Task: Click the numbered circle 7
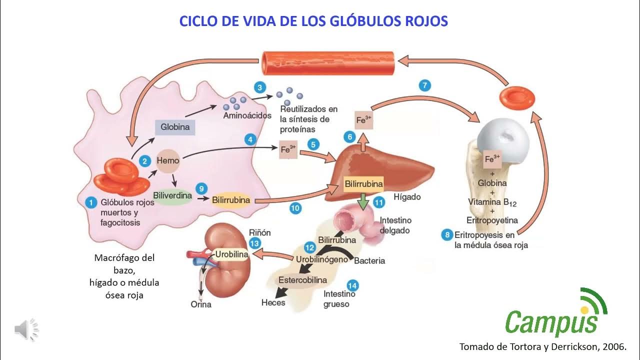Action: [424, 85]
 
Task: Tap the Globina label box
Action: [175, 127]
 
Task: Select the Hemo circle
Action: [168, 161]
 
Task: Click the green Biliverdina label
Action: [172, 195]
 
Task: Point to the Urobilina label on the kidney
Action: [231, 254]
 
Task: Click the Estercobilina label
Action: [303, 280]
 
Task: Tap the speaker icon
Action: [26, 329]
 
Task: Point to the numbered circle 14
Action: [352, 286]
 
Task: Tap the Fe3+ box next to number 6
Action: [364, 120]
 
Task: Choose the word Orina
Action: [201, 304]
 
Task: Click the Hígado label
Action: [407, 197]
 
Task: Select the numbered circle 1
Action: [90, 202]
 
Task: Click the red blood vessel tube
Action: [328, 62]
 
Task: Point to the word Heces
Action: [273, 302]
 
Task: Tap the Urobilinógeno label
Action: [321, 259]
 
